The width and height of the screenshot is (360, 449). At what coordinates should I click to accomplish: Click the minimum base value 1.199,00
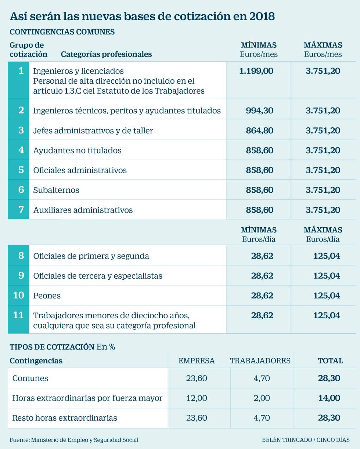coord(256,71)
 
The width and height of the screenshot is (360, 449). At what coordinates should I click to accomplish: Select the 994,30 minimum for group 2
coord(259,111)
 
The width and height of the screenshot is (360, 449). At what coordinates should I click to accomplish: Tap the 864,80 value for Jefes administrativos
coord(259,130)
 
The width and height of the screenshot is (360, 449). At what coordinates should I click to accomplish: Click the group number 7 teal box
coord(18,210)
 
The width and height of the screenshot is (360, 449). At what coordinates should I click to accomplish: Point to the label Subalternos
coord(56,190)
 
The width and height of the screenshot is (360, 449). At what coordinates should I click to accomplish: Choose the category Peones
coord(47,296)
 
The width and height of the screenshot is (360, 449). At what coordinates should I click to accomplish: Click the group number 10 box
coord(18,295)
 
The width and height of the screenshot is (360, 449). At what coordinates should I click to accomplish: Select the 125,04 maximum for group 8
coord(327,256)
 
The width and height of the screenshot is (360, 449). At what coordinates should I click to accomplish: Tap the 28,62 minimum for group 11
coord(262,315)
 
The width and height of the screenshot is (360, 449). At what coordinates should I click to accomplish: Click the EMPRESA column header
coord(197,361)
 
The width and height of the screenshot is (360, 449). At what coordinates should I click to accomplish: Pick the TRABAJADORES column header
coord(260,361)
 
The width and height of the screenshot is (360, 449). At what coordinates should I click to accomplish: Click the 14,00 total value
coord(329,398)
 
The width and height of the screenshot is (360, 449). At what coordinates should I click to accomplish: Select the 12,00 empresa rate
coord(197,398)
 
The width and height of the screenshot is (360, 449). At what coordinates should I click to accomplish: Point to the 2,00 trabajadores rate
coord(262,398)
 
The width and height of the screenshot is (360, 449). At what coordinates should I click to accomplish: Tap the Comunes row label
coord(30,378)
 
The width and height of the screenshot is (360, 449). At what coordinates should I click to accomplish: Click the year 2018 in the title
coord(262,16)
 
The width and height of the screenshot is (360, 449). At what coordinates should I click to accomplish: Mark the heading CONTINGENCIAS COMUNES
coord(62,32)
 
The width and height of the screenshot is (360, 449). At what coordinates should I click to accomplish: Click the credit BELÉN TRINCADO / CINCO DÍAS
coord(306,440)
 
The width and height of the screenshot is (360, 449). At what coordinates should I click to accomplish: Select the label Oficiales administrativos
coord(80,170)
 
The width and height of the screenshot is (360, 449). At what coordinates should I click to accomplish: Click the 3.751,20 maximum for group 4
coord(323,150)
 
